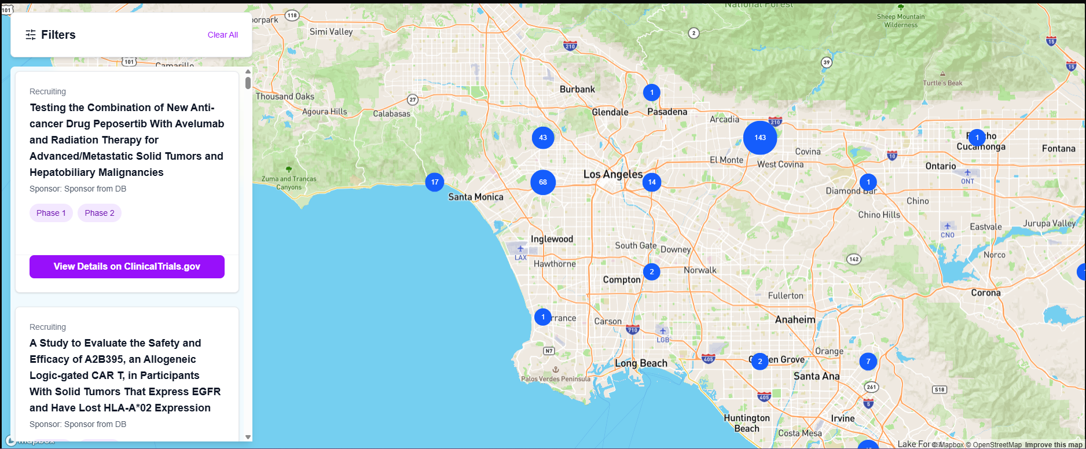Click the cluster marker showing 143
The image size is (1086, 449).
pos(760,138)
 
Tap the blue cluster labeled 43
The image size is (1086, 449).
pos(543,138)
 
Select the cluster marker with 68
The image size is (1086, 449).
pos(543,182)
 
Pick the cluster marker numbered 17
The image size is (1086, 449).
pos(435,182)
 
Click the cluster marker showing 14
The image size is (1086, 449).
pos(652,182)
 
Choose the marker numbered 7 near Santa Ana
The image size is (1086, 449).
pos(868,362)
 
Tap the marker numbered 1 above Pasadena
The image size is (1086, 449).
pos(652,93)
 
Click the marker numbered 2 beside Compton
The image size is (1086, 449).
pos(652,271)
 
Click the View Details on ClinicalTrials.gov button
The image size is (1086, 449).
pos(127,267)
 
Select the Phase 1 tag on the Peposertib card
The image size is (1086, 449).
pos(51,213)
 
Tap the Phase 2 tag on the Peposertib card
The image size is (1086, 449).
pos(100,213)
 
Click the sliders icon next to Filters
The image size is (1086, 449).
pos(31,35)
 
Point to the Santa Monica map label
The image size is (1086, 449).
pos(476,197)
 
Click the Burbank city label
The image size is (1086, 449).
pos(577,90)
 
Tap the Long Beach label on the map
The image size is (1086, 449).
pos(641,363)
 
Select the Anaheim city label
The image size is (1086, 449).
pos(795,319)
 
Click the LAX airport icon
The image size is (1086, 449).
pos(520,249)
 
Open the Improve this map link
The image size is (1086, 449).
pos(1054,445)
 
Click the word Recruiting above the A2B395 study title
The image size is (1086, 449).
pos(48,327)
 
